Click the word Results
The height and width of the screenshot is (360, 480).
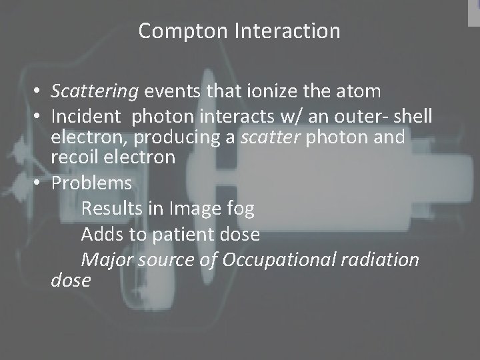(111, 209)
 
